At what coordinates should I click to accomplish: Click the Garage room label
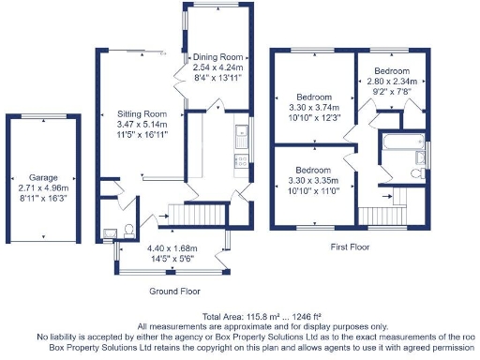[43, 177]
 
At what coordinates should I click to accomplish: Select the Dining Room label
[217, 57]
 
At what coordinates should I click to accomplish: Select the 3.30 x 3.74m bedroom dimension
[316, 108]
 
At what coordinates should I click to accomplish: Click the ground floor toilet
[127, 230]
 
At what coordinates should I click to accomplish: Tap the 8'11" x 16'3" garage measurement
[43, 198]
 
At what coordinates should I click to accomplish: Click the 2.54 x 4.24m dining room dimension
[217, 67]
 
